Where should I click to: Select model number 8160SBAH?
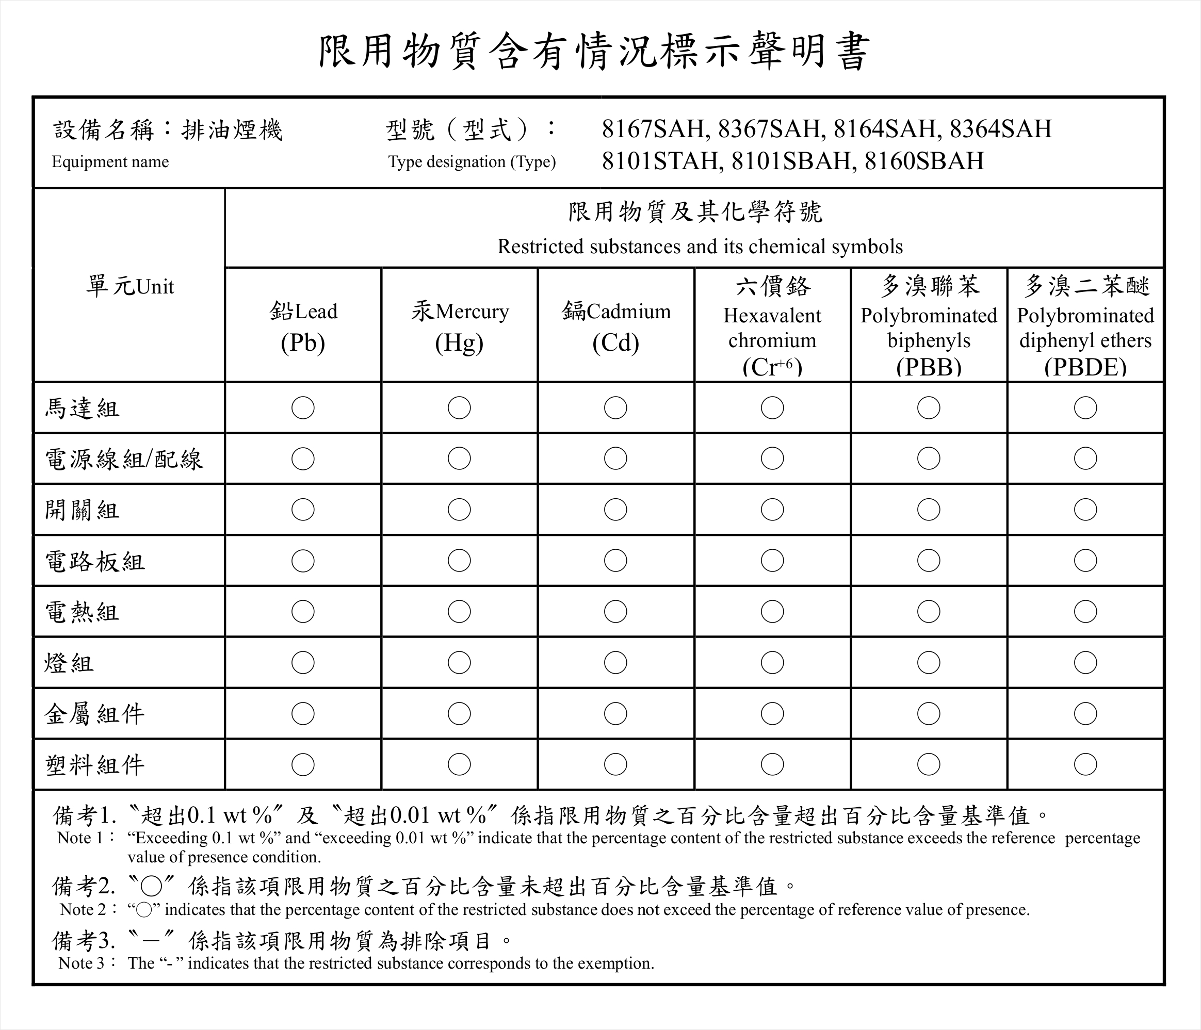coord(924,161)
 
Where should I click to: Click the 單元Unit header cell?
coord(130,286)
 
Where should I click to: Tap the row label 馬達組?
coord(83,408)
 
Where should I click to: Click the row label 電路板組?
coord(94,561)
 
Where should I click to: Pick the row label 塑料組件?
coord(94,765)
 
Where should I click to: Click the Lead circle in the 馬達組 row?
coord(303,408)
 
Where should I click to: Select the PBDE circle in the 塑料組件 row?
coord(1085,764)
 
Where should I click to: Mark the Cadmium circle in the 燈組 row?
coord(615,663)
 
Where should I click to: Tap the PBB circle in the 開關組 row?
coord(929,510)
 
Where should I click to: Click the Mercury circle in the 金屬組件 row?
coord(459,713)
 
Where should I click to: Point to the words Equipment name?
coord(110,162)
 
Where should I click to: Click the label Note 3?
coord(82,963)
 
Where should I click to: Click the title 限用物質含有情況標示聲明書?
coord(595,51)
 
